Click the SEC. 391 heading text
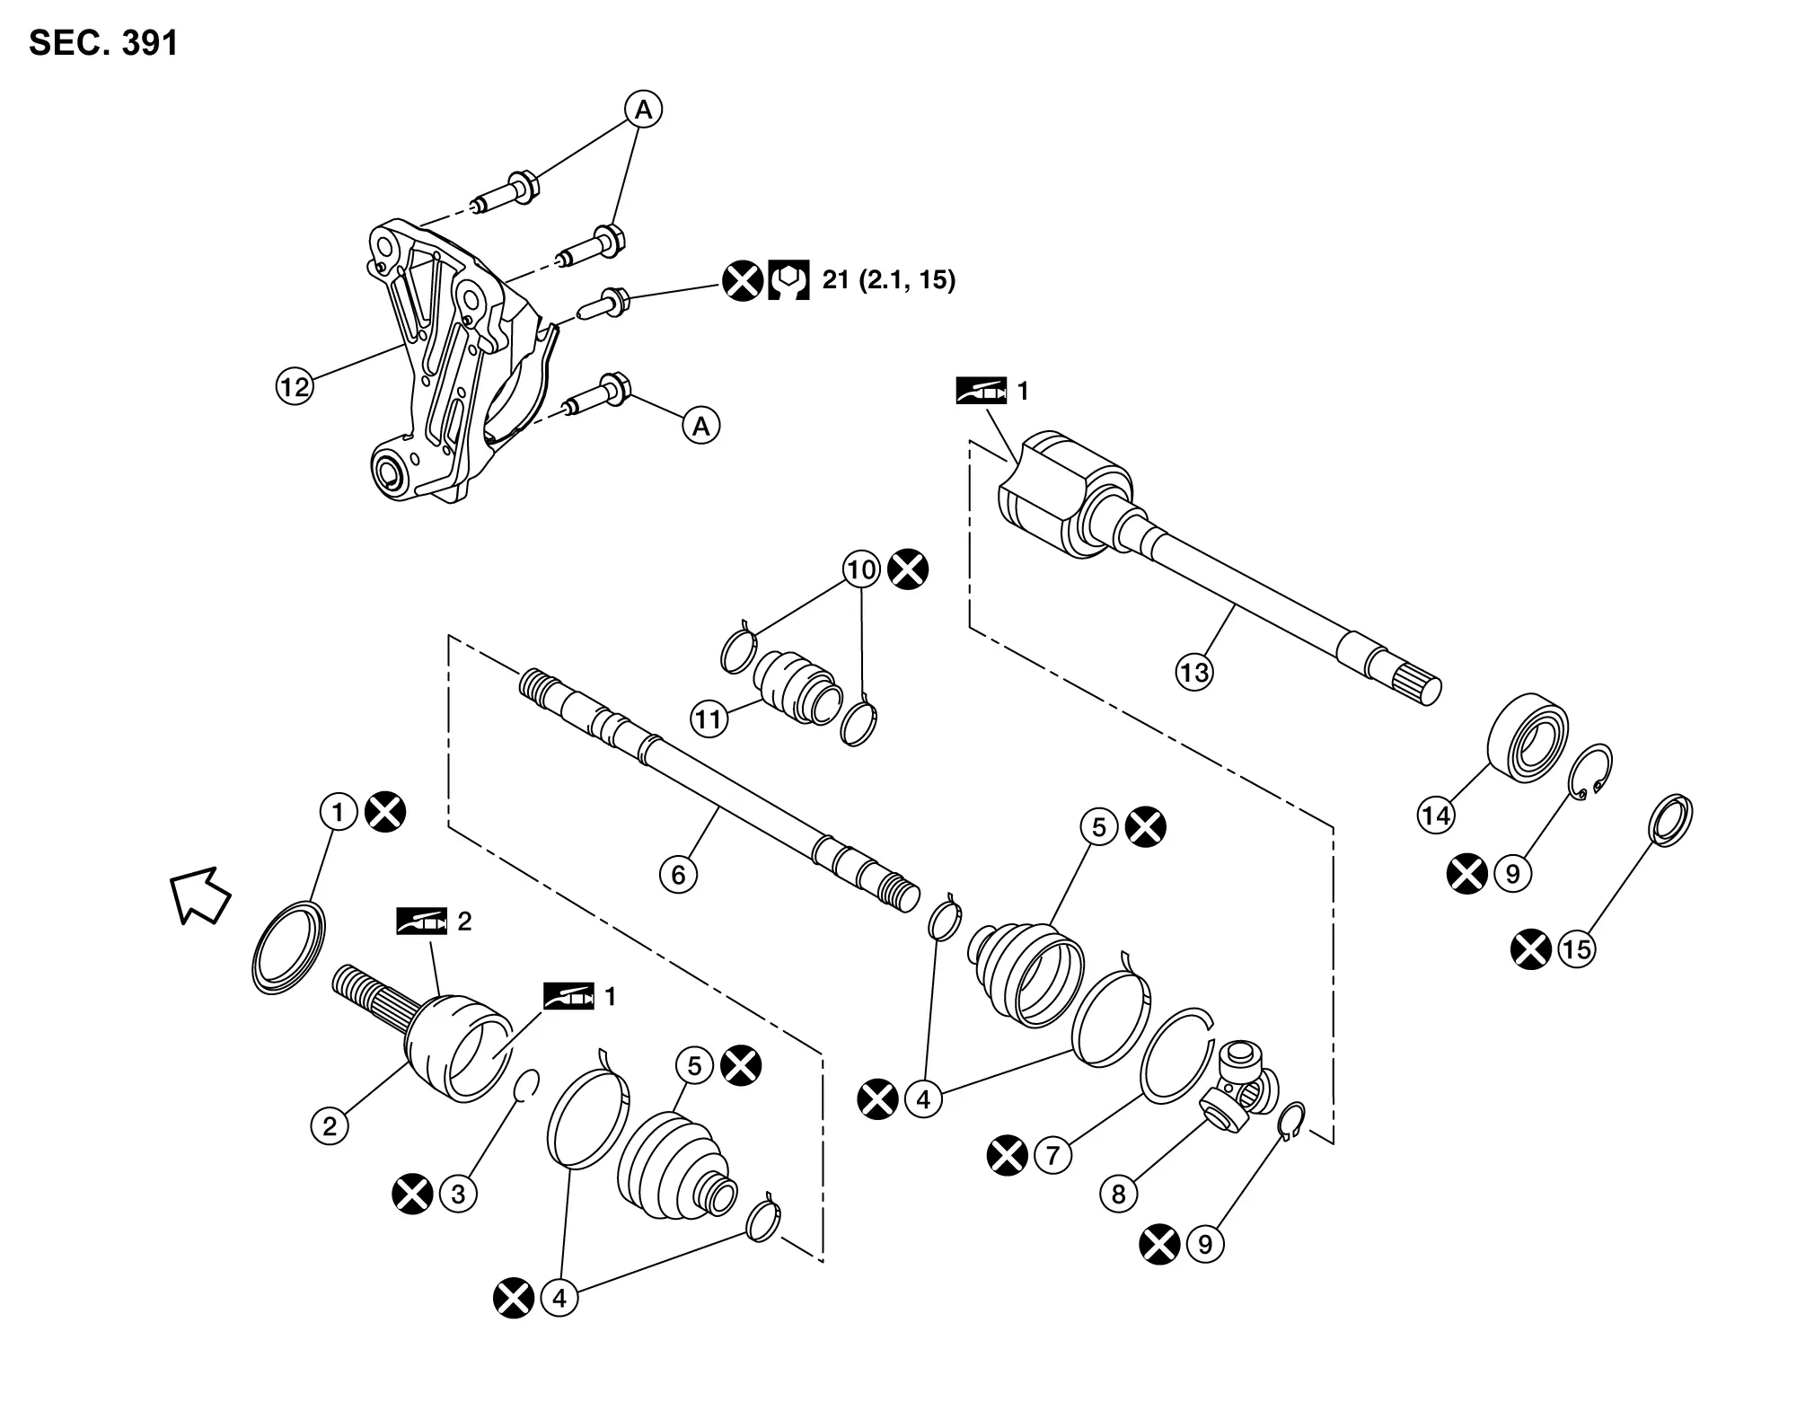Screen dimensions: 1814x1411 click(x=104, y=43)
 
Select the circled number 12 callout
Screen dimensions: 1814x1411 click(x=294, y=387)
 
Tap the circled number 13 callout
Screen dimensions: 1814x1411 click(x=1194, y=673)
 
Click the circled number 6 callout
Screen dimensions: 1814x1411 click(x=678, y=874)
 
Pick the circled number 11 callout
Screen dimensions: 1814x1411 click(x=709, y=719)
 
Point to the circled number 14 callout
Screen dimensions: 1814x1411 click(x=1436, y=816)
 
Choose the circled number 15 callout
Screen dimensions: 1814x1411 click(x=1577, y=950)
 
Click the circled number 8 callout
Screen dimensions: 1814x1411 click(x=1119, y=1194)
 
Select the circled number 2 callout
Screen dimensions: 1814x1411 click(x=330, y=1125)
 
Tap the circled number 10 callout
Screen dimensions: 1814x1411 click(x=861, y=570)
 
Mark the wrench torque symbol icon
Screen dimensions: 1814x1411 click(x=788, y=280)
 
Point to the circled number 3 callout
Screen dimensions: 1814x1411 click(x=458, y=1194)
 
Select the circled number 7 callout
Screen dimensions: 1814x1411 click(x=1053, y=1155)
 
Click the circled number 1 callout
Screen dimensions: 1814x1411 click(x=338, y=813)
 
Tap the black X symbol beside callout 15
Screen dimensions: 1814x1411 click(x=1531, y=950)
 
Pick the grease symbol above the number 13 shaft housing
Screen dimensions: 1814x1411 click(x=981, y=392)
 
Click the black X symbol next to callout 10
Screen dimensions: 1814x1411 click(x=908, y=570)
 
